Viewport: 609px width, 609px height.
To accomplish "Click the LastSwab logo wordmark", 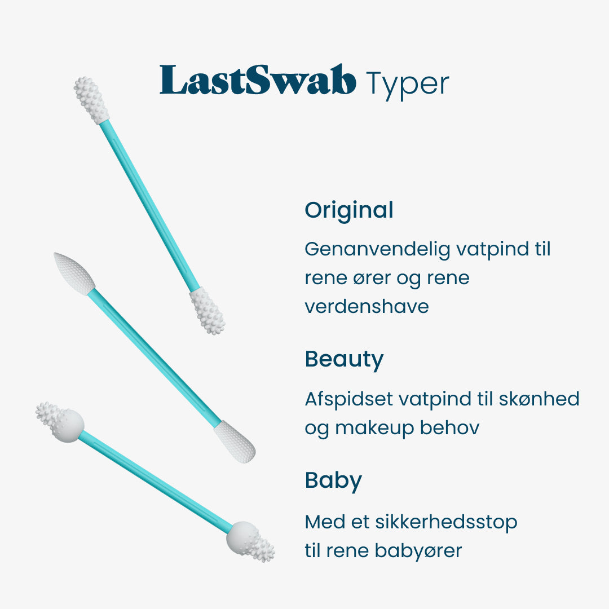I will (x=258, y=81).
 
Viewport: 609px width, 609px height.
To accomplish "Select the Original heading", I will (x=349, y=211).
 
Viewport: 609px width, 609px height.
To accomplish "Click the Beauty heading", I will (x=344, y=360).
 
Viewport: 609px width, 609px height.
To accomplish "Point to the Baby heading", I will (x=333, y=481).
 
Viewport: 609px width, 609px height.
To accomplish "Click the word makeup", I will (x=375, y=428).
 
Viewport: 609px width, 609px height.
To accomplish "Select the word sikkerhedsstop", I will (x=446, y=522).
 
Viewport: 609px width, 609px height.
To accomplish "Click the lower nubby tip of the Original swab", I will (x=208, y=311).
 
